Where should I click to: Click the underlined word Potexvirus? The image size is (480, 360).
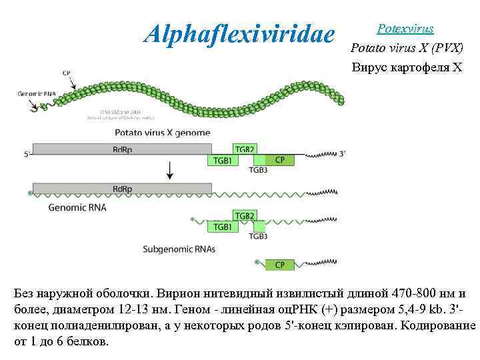pos(405,29)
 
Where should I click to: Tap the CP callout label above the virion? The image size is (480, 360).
pos(67,73)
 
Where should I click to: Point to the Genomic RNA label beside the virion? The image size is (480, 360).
pos(36,95)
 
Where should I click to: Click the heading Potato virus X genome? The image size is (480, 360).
pos(163,132)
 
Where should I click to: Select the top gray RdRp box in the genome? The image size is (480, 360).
pos(122,149)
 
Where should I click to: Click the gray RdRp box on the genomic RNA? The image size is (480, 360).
pos(122,189)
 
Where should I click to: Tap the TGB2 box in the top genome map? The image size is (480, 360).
pos(244,149)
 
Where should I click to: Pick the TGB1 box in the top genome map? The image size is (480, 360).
pos(223,160)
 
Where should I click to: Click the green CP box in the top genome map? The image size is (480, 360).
pos(279,160)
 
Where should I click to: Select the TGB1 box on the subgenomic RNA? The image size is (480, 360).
pos(223,227)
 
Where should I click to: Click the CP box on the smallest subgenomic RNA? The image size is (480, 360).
pos(279,265)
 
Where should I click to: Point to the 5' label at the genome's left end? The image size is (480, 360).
pos(27,154)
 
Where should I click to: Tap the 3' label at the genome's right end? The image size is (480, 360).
pos(342,153)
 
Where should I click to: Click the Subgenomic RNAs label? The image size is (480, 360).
pos(179,249)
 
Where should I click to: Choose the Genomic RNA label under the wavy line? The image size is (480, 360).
pos(77,207)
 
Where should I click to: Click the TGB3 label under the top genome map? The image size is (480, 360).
pos(258,170)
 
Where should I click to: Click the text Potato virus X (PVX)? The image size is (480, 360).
pos(406,48)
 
